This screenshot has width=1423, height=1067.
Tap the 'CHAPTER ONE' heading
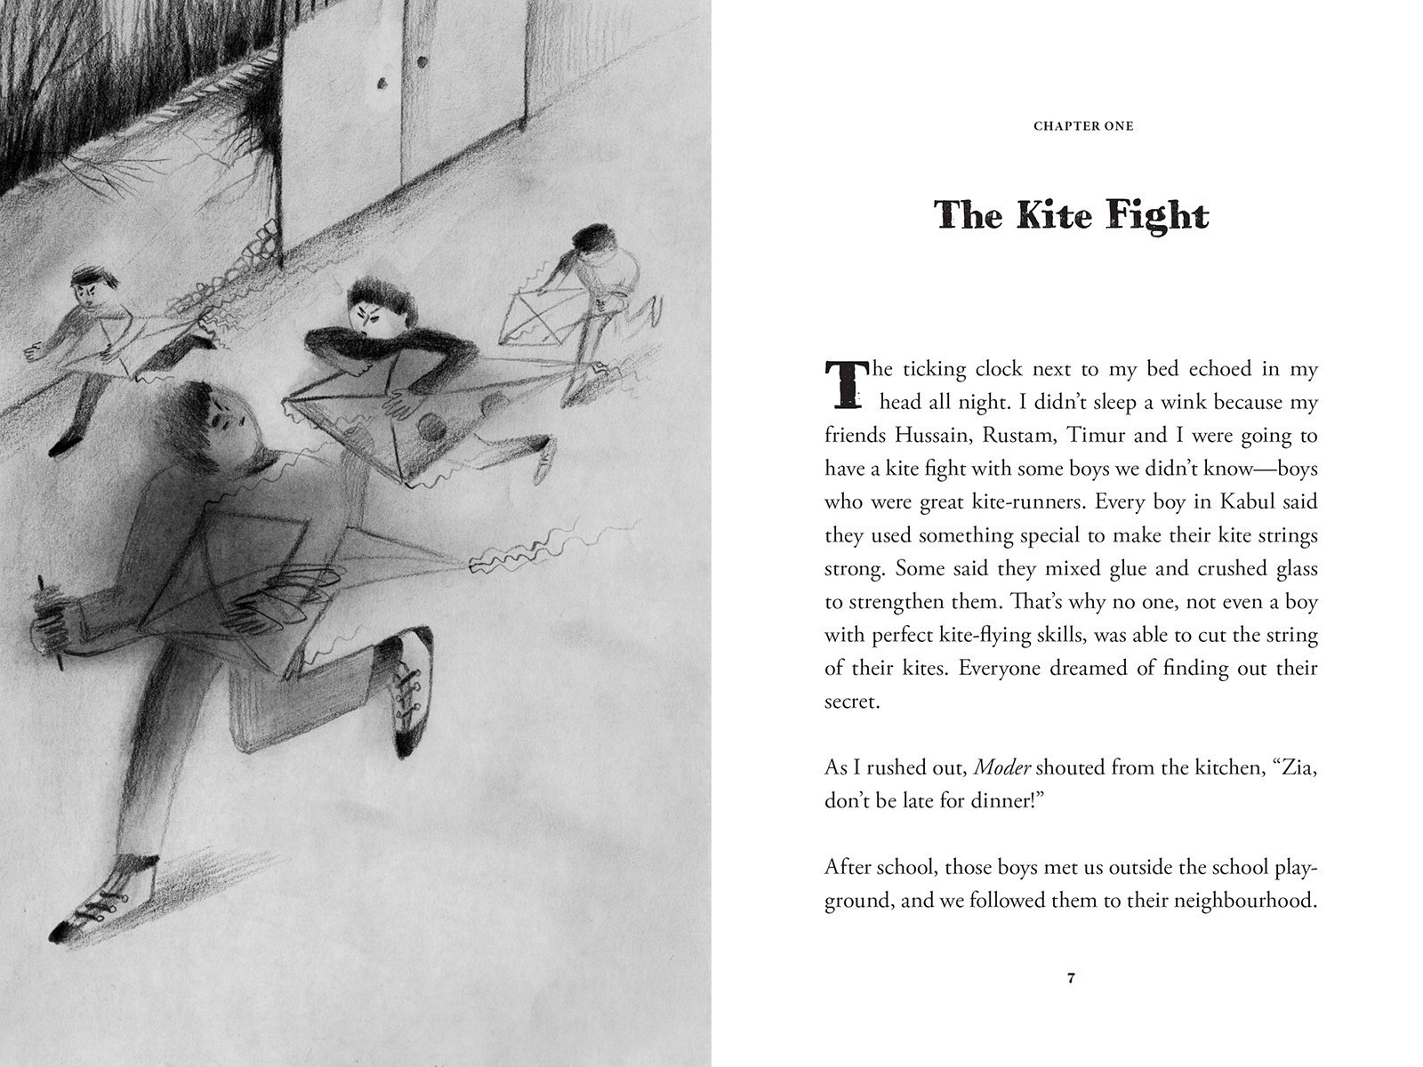click(1083, 126)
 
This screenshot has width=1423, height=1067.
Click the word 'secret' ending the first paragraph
click(850, 702)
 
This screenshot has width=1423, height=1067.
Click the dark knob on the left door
click(382, 85)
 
